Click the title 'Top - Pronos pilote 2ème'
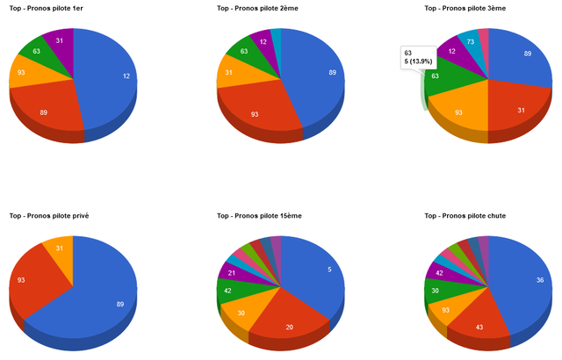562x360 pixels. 257,8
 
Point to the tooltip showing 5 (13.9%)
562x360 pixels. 418,57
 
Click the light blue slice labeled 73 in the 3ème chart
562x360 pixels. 470,42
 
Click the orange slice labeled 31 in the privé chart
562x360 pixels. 60,249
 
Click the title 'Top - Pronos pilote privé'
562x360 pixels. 49,216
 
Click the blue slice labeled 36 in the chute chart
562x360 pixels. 527,286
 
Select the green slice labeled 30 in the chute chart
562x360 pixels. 437,291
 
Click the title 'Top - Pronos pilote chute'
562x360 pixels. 465,216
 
